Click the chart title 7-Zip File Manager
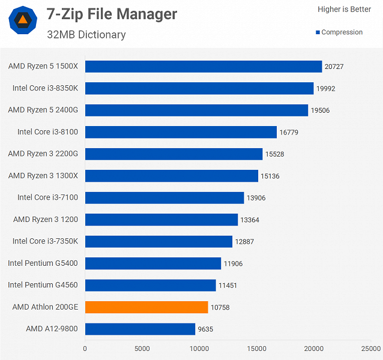[x=112, y=14]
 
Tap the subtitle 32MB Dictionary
[x=86, y=34]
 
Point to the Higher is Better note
[x=344, y=10]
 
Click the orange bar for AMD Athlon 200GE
[x=146, y=307]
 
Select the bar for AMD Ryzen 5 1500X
[x=204, y=66]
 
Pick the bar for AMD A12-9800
[x=140, y=329]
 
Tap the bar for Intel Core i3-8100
[x=181, y=132]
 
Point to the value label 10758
[x=220, y=307]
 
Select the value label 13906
[x=256, y=197]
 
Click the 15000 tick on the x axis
[x=257, y=348]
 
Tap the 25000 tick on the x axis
[x=371, y=348]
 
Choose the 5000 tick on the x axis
[x=142, y=348]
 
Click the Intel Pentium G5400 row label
[x=47, y=263]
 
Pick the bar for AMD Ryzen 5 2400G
[x=196, y=110]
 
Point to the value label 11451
[x=228, y=285]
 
